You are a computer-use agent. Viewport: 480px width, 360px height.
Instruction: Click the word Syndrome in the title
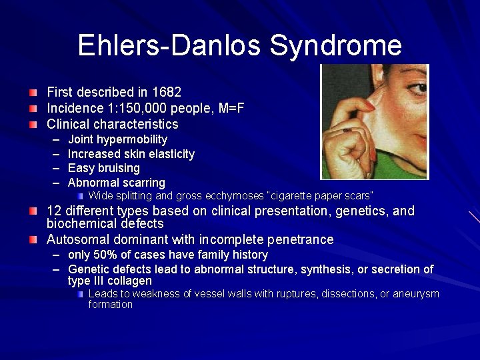[x=336, y=45]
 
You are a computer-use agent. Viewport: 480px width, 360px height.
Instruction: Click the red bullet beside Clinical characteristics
[x=33, y=124]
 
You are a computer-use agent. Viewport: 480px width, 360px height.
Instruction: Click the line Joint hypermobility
[x=117, y=139]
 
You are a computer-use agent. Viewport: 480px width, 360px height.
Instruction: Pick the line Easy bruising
[x=103, y=168]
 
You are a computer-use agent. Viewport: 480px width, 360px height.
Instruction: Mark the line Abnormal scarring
[x=116, y=183]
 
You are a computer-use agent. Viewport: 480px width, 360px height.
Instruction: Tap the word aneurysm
[x=415, y=294]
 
